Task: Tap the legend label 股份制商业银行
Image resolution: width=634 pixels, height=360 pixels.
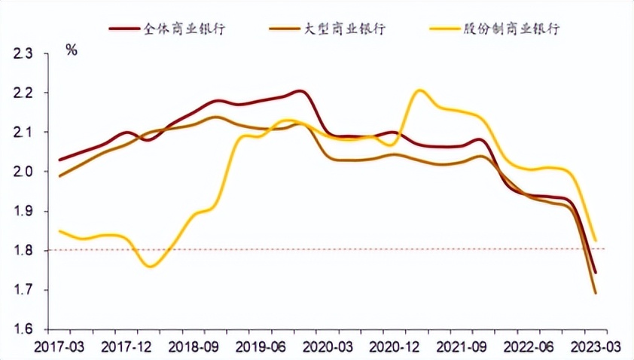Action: tap(517, 29)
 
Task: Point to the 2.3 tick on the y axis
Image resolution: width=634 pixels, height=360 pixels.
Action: tap(23, 53)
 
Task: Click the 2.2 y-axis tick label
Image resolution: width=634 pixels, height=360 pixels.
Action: tap(23, 93)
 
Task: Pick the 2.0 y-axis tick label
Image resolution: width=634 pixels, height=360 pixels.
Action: tap(23, 172)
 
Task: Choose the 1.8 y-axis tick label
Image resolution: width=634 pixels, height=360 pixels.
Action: tap(23, 250)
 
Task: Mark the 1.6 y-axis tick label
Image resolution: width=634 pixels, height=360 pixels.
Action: tap(23, 329)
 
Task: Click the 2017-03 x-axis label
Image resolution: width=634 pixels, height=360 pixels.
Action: tap(57, 346)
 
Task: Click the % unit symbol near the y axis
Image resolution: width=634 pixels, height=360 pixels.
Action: tap(72, 50)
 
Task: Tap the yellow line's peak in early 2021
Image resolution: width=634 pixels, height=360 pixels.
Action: tap(419, 90)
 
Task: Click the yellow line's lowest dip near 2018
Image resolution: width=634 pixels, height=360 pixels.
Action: tap(151, 266)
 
